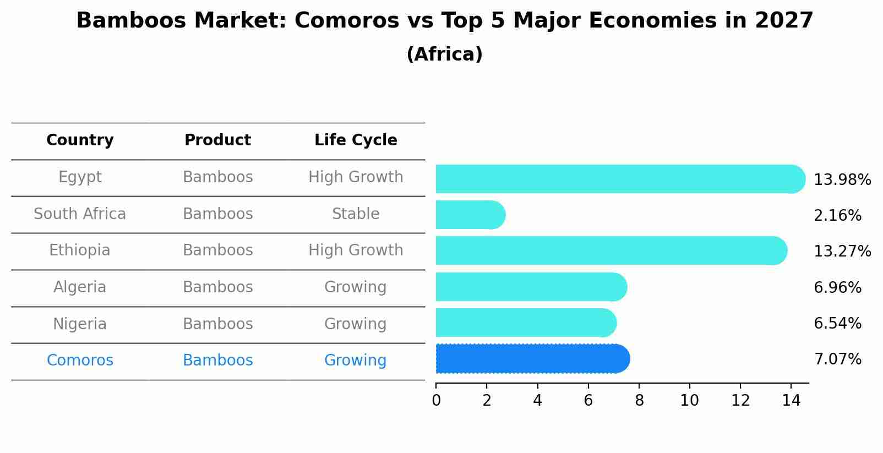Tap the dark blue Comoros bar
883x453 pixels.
(x=532, y=359)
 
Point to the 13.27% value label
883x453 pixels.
(x=842, y=252)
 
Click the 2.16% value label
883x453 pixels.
(x=837, y=216)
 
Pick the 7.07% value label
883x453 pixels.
(x=837, y=359)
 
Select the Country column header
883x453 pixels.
(x=80, y=140)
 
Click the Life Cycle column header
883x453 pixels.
(x=356, y=140)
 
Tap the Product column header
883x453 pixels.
(x=217, y=140)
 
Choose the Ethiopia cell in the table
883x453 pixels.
(x=80, y=250)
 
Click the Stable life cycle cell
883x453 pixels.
(x=356, y=214)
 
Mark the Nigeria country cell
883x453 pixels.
(x=80, y=324)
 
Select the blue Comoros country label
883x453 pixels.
(x=80, y=361)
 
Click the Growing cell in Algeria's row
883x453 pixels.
(x=356, y=287)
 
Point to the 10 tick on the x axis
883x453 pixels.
(x=689, y=401)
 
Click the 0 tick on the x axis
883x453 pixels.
(x=436, y=401)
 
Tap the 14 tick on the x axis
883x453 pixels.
(x=791, y=401)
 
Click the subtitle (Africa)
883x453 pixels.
(x=444, y=54)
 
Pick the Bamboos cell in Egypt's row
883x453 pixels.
(x=217, y=177)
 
